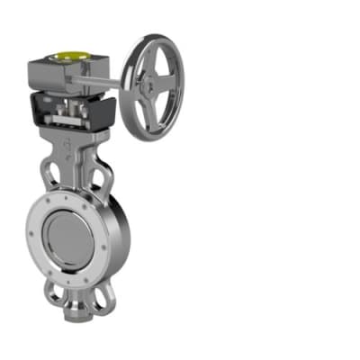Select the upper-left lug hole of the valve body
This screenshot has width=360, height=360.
point(49,171)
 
